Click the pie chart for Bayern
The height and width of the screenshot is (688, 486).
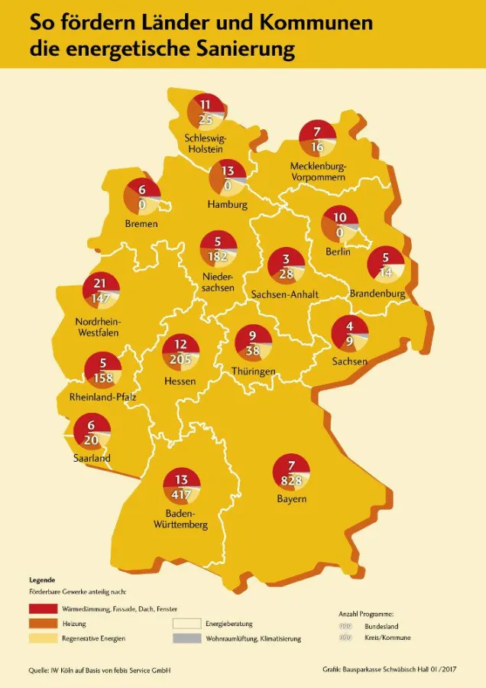point(292,472)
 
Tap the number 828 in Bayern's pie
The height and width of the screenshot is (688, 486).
point(292,480)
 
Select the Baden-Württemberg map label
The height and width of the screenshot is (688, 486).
point(181,518)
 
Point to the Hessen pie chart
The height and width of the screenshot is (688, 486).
point(180,352)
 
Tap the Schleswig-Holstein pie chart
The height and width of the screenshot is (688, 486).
point(206,112)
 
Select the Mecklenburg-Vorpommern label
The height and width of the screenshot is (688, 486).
point(319,171)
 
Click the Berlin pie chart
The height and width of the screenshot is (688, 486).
point(339,225)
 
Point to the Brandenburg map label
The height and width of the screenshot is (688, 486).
point(376,294)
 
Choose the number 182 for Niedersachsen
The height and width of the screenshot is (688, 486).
point(219,256)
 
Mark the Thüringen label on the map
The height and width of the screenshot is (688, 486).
point(254,372)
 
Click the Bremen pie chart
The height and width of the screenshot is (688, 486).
point(141,196)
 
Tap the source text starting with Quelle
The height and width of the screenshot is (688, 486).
point(99,670)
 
